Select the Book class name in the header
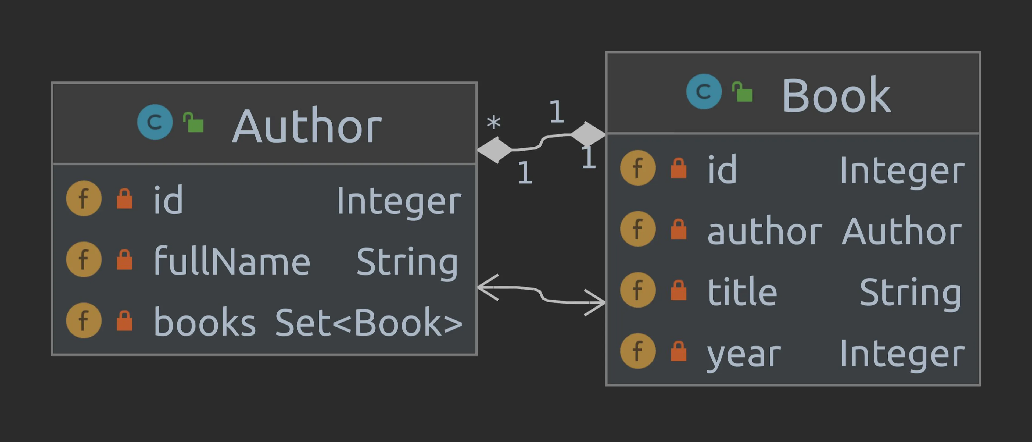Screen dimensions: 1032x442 [837, 95]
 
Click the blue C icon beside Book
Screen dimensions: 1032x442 [704, 91]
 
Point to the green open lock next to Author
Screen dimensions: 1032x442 [193, 122]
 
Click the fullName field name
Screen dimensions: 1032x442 [232, 261]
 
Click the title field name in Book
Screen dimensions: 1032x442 [742, 291]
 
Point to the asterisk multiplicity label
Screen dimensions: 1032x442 [494, 123]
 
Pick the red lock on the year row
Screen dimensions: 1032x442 [678, 351]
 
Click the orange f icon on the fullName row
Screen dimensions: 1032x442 [84, 259]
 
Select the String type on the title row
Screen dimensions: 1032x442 [911, 293]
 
